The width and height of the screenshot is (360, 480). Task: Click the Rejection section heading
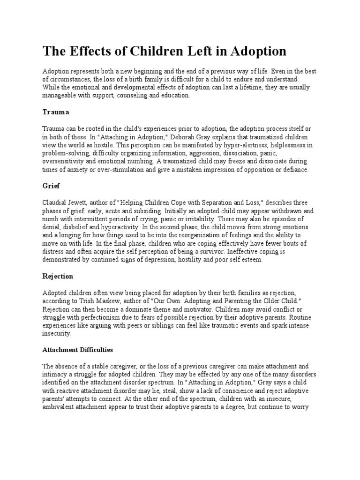(x=58, y=276)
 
